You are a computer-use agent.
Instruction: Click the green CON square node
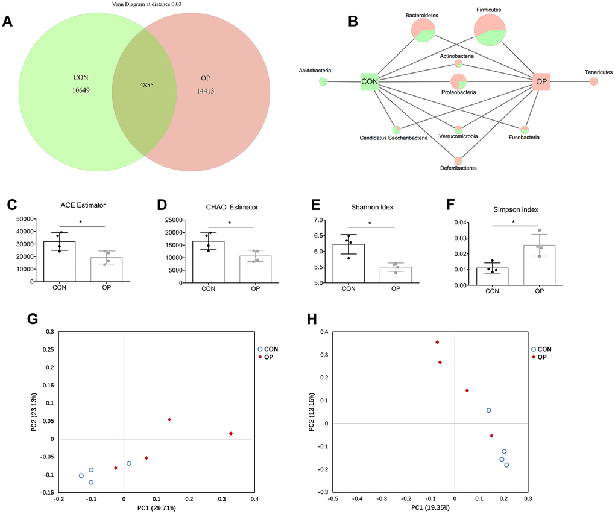click(369, 81)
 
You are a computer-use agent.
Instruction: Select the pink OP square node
click(541, 81)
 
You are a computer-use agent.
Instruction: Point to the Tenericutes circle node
click(593, 81)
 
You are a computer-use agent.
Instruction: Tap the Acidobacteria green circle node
click(323, 81)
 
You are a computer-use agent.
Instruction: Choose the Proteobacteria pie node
click(458, 81)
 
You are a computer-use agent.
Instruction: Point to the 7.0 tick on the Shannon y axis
click(318, 220)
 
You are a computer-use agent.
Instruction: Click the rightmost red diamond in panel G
click(231, 433)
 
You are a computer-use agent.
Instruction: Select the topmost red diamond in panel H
click(437, 342)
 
